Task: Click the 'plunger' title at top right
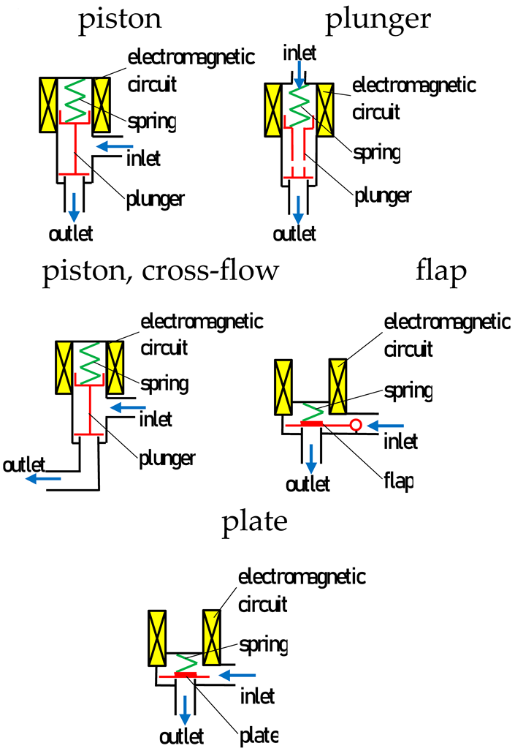tap(378, 20)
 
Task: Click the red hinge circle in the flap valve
tap(356, 424)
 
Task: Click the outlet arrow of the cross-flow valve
tap(42, 478)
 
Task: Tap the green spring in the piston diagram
tap(75, 102)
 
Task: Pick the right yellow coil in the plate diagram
tap(212, 637)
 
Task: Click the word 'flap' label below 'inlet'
tap(398, 481)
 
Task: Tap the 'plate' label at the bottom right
tap(259, 733)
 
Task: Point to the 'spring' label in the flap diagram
tap(407, 390)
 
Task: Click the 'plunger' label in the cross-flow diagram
tap(167, 458)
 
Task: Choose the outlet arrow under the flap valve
tap(312, 458)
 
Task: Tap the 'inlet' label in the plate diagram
tap(257, 696)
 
